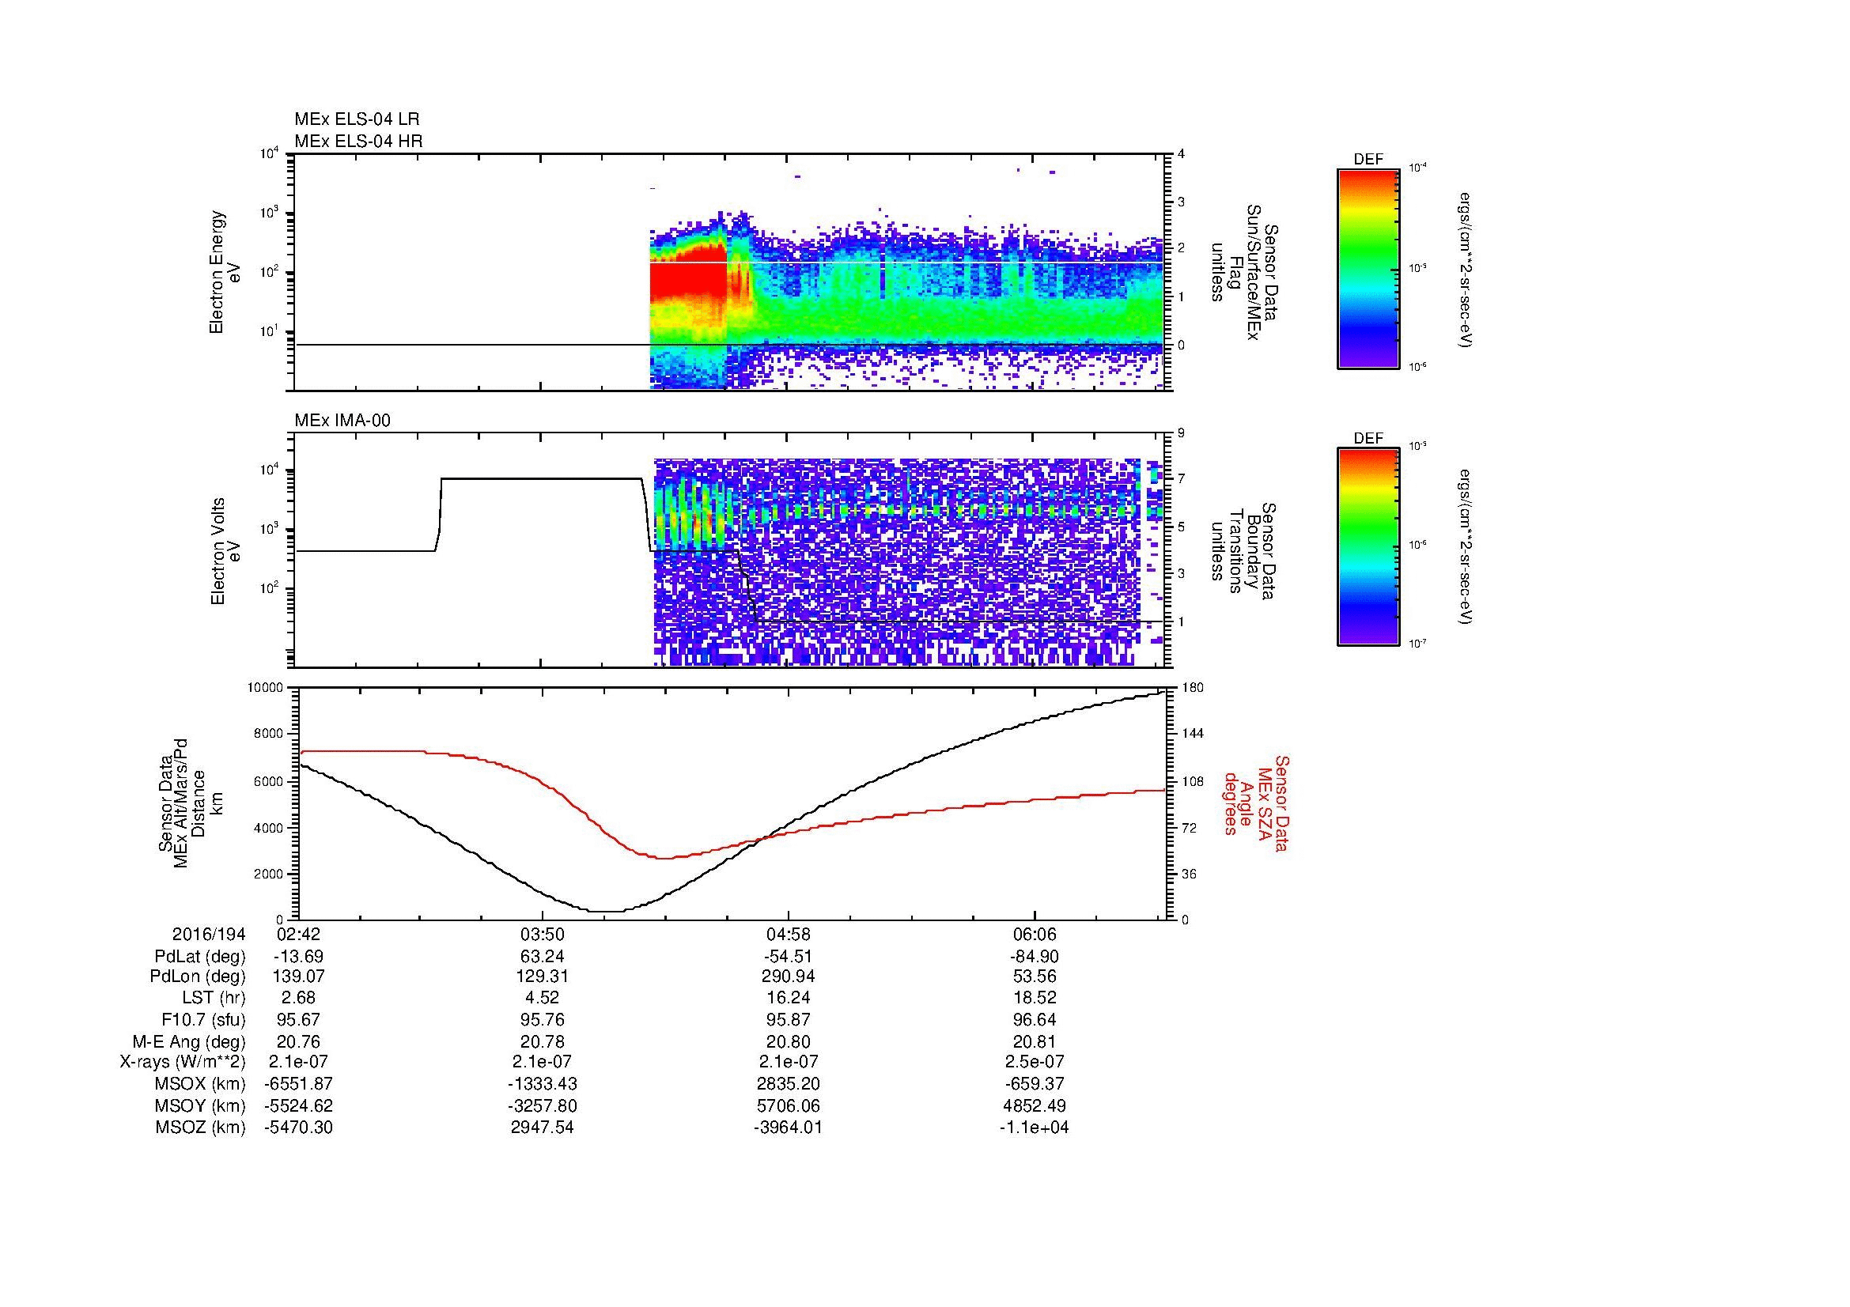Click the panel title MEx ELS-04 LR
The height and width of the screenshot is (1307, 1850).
pyautogui.click(x=356, y=119)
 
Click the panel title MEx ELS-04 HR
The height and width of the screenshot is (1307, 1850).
pyautogui.click(x=358, y=141)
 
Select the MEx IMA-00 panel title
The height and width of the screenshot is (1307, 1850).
pyautogui.click(x=342, y=421)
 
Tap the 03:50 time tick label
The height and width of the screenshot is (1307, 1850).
pyautogui.click(x=543, y=935)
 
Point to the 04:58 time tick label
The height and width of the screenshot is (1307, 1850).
pyautogui.click(x=787, y=935)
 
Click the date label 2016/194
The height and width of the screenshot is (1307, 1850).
pyautogui.click(x=208, y=935)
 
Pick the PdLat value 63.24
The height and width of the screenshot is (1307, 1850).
pyautogui.click(x=543, y=957)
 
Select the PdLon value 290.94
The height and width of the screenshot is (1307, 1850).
pyautogui.click(x=787, y=976)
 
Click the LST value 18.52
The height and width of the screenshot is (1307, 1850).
pyautogui.click(x=1034, y=998)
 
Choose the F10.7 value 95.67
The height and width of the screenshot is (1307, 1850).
pyautogui.click(x=298, y=1019)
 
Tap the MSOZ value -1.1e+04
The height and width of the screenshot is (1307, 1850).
pyautogui.click(x=1034, y=1128)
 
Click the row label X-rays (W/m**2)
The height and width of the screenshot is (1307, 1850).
pyautogui.click(x=182, y=1062)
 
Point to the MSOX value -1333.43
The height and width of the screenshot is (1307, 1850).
pyautogui.click(x=543, y=1084)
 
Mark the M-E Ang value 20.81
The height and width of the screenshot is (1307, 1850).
pyautogui.click(x=1034, y=1041)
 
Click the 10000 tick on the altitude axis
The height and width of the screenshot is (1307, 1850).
pyautogui.click(x=265, y=688)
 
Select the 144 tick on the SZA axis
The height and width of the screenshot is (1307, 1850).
pyautogui.click(x=1191, y=734)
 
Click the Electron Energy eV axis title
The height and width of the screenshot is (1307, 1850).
pyautogui.click(x=225, y=272)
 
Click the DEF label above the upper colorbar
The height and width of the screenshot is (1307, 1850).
pyautogui.click(x=1368, y=160)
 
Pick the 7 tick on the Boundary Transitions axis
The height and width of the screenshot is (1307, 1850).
pyautogui.click(x=1181, y=479)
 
